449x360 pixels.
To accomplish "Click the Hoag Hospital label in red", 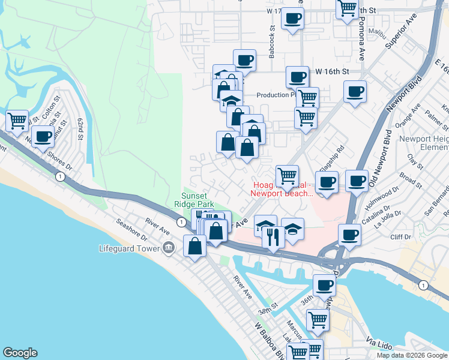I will point(282,188).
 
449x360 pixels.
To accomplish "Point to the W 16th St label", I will point(331,71).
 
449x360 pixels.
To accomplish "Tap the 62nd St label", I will point(80,128).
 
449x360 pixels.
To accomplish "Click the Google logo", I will point(20,353).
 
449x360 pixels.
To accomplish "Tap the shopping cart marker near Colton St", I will point(17,121).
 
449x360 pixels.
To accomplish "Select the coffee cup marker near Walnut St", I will point(43,136).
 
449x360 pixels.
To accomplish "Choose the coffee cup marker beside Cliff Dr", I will point(349,235).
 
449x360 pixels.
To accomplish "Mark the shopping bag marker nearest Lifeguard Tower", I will point(195,246).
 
